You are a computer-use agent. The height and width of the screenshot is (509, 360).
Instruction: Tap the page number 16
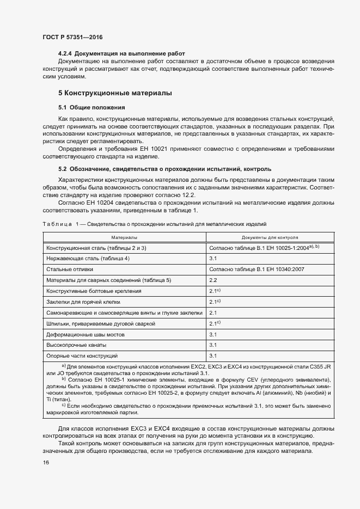(x=45, y=463)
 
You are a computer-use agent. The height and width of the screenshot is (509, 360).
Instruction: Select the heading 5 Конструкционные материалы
(x=115, y=93)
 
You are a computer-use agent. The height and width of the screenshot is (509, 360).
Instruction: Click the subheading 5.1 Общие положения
(x=91, y=107)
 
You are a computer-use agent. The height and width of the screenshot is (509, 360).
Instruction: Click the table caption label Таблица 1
(x=60, y=224)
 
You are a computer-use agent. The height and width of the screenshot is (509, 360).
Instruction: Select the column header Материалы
(x=124, y=238)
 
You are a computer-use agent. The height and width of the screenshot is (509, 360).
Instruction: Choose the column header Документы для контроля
(x=270, y=238)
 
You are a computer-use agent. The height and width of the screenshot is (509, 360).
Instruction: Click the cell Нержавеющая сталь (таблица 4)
(x=88, y=258)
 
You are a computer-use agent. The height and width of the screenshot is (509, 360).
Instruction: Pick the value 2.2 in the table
(x=213, y=280)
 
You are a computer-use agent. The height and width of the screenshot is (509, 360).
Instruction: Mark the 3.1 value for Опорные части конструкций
(x=213, y=356)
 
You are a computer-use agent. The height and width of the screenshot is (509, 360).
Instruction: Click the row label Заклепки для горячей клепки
(x=83, y=302)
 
